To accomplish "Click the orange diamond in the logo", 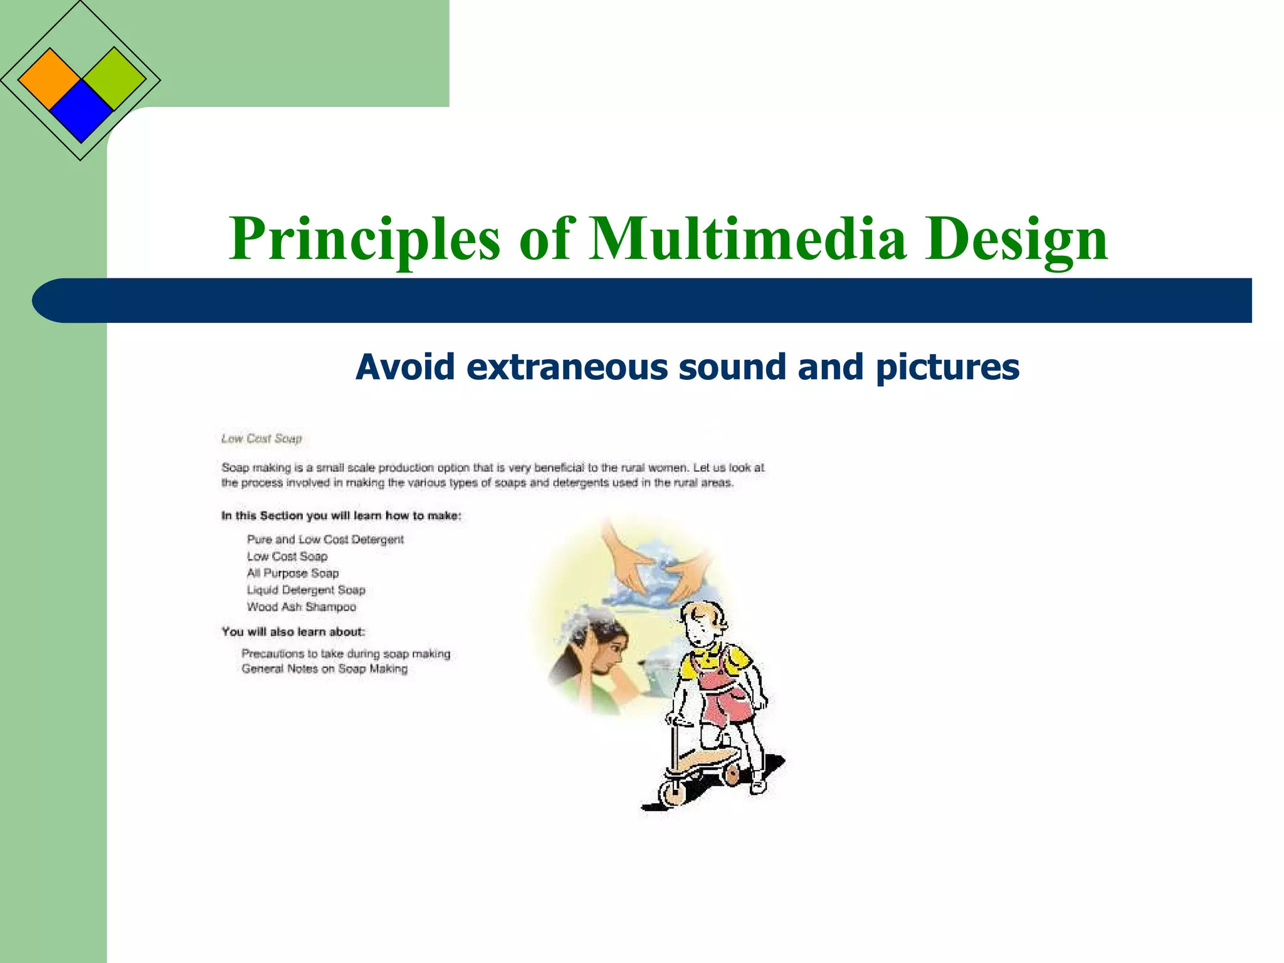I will click(x=50, y=80).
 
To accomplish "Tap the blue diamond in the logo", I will click(x=82, y=112).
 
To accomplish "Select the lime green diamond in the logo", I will click(x=114, y=78).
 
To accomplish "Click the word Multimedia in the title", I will click(x=747, y=239).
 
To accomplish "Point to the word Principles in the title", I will click(x=365, y=239).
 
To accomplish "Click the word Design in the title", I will click(x=1016, y=239).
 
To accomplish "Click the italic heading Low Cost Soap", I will click(x=261, y=438).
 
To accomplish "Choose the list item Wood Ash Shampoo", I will click(x=301, y=607).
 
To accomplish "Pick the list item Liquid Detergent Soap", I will click(x=305, y=590).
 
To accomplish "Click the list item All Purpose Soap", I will click(x=292, y=573).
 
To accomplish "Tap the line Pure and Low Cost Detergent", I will click(x=325, y=539).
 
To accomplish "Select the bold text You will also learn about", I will click(x=293, y=631).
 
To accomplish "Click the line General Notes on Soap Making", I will click(x=324, y=669).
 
